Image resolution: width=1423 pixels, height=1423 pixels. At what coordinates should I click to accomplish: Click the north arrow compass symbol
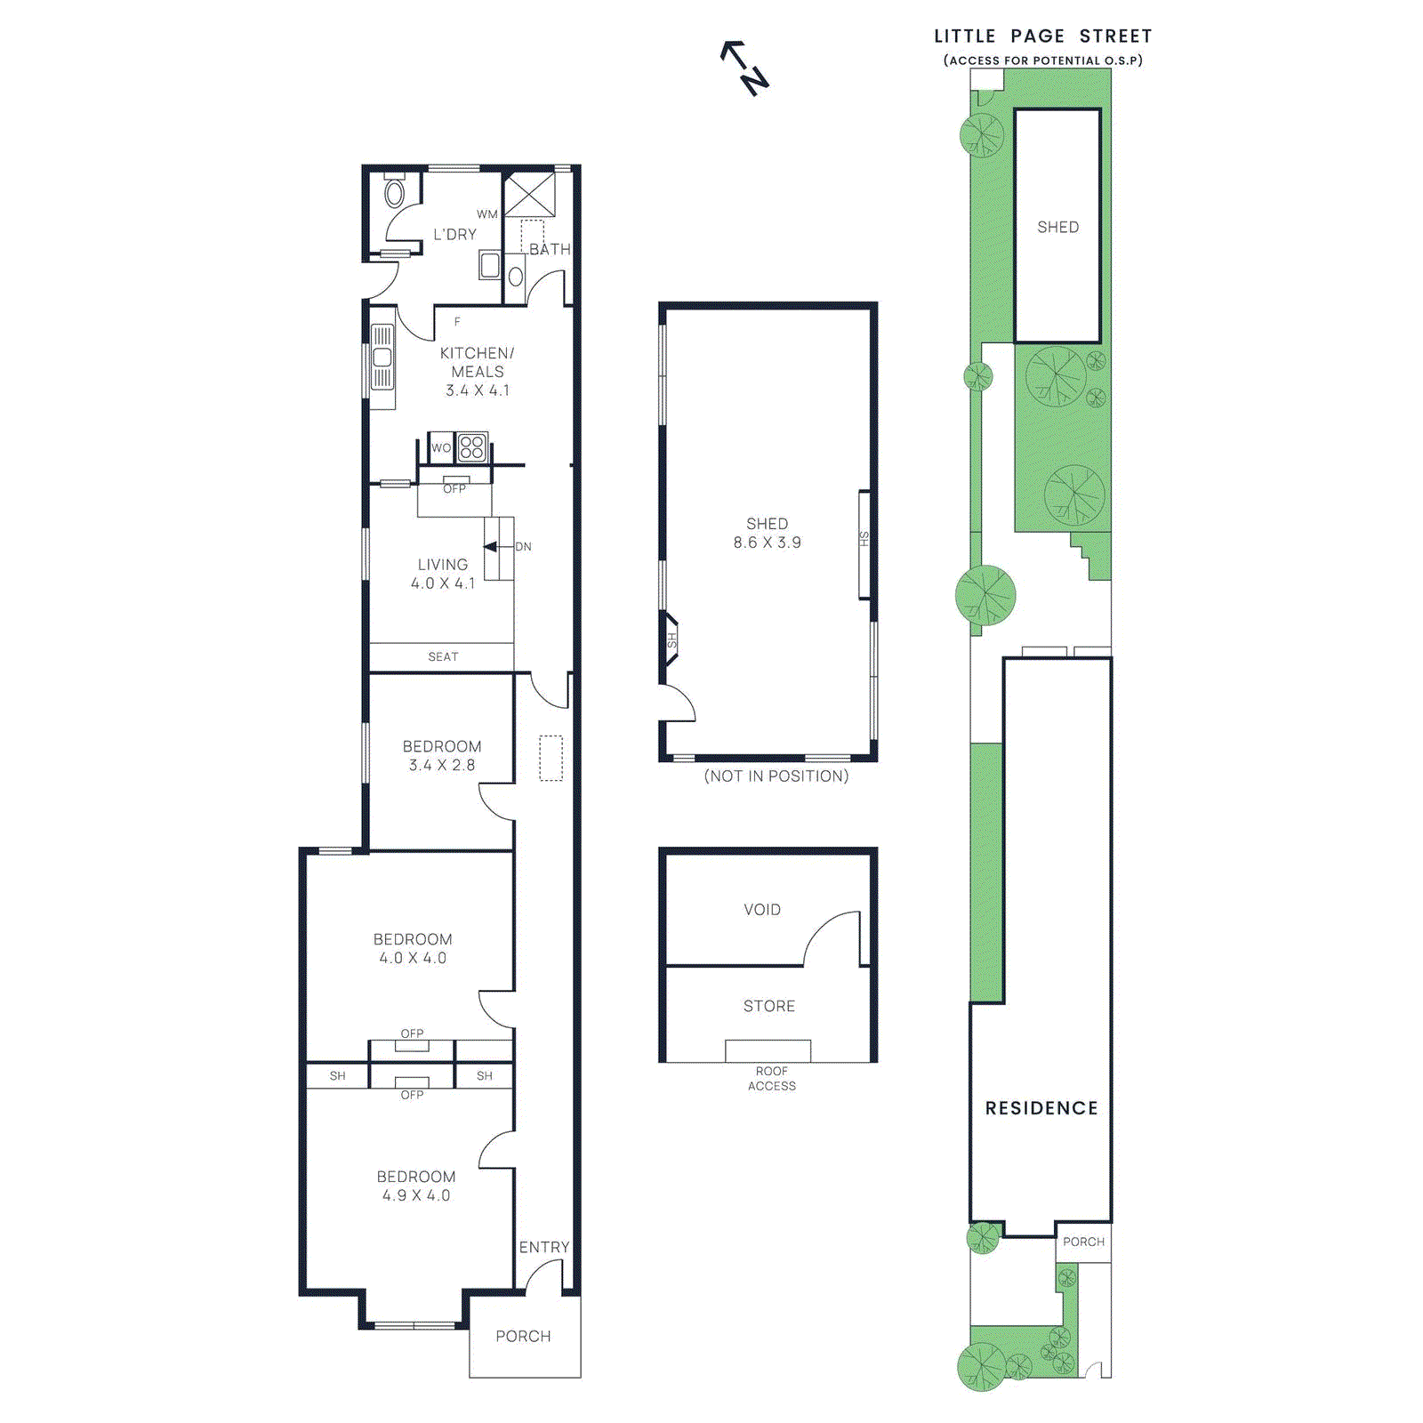745,68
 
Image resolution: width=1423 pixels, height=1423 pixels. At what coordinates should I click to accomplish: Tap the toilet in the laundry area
394,191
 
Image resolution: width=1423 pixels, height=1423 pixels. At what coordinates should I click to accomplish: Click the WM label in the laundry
486,214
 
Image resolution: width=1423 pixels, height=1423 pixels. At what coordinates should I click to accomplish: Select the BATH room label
550,249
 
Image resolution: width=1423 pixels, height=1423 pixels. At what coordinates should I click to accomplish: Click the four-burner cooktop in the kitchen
472,447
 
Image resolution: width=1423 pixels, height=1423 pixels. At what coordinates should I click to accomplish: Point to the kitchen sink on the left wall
382,358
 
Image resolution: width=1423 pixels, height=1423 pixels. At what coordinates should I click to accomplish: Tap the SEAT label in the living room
443,656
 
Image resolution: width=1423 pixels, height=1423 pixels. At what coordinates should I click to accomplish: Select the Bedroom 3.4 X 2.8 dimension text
442,765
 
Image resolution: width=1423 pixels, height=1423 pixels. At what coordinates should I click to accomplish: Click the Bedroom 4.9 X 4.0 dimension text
416,1195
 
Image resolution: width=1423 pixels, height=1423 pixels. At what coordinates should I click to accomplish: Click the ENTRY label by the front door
543,1247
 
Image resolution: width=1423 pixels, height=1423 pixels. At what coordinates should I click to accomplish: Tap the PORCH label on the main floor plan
523,1336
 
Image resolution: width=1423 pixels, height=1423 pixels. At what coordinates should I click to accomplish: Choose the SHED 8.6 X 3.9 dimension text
767,543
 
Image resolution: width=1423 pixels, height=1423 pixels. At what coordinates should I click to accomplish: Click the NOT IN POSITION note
776,776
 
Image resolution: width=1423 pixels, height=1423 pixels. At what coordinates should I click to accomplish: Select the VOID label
762,909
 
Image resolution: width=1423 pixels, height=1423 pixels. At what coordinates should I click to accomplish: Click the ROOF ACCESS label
771,1078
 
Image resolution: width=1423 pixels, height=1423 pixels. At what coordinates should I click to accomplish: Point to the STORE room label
768,1006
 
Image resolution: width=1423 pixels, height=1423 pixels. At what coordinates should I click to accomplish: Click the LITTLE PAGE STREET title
1042,36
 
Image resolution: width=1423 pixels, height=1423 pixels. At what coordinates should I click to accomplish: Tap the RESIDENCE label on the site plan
1041,1107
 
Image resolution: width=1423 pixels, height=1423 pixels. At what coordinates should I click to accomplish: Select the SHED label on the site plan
1057,227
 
